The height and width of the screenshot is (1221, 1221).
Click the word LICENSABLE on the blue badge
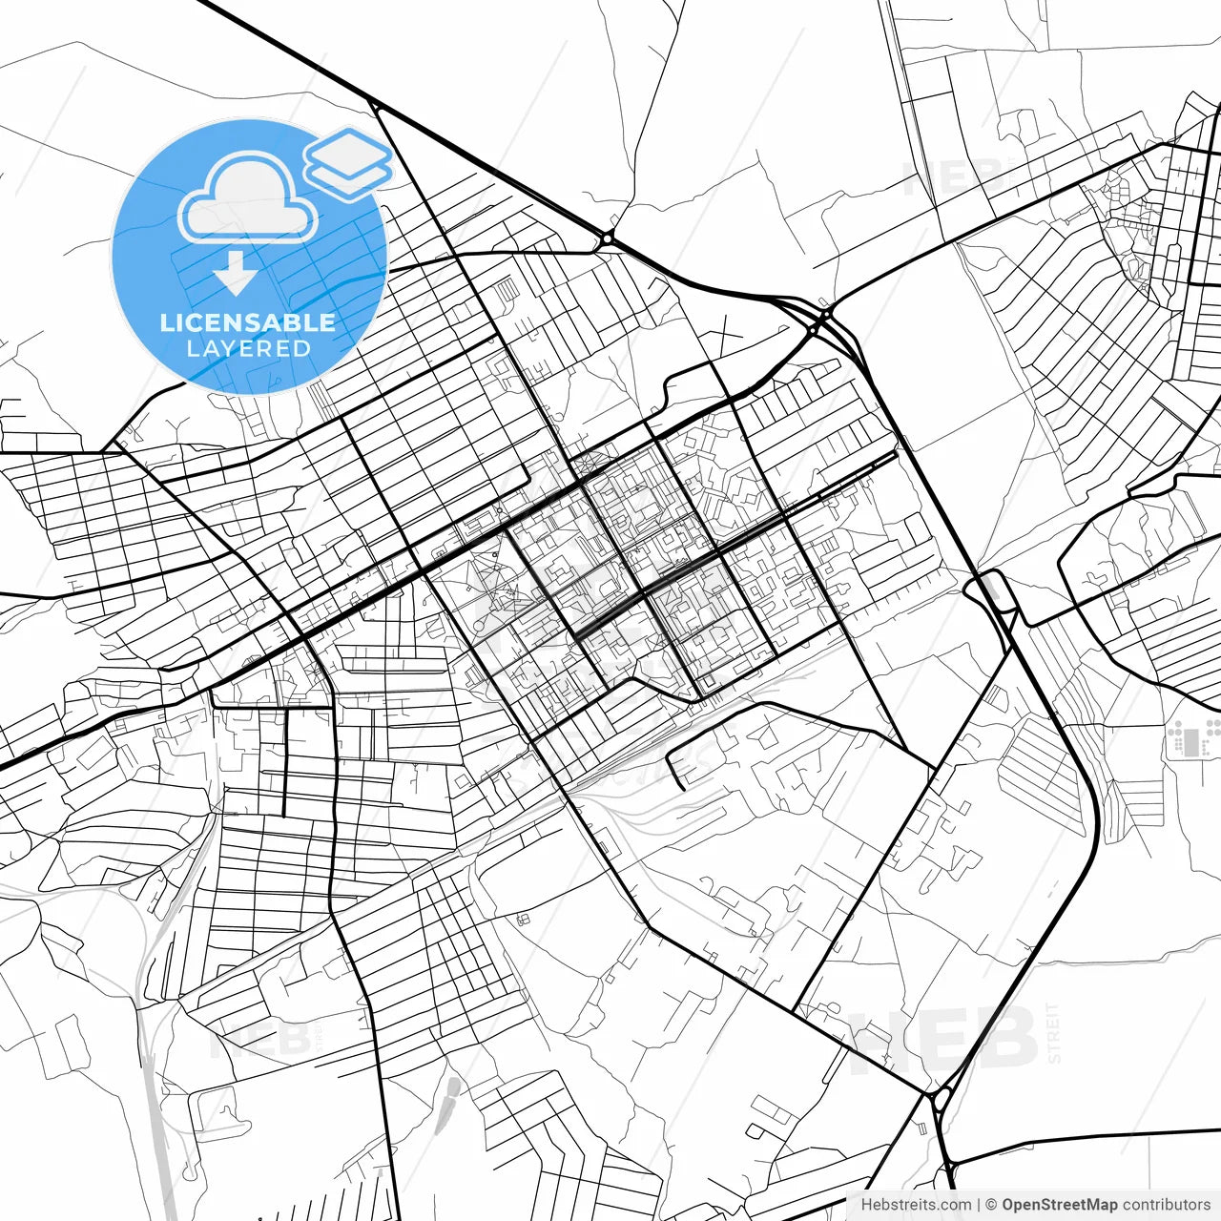click(x=248, y=322)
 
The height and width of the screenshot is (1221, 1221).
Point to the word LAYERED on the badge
click(x=248, y=349)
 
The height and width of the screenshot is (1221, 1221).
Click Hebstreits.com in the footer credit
click(x=916, y=1205)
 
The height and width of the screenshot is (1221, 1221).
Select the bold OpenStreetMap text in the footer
click(x=1060, y=1205)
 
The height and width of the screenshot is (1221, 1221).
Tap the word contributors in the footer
click(x=1166, y=1205)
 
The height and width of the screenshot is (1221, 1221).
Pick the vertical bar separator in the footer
click(x=979, y=1205)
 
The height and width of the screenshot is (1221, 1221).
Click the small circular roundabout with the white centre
click(x=607, y=238)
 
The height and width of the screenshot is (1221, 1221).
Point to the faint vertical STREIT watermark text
click(x=1053, y=1033)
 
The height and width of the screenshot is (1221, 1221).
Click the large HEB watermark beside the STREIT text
click(x=944, y=1040)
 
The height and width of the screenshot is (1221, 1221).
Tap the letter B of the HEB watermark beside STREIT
click(x=1006, y=1040)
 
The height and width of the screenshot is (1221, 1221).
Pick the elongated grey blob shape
click(x=449, y=1097)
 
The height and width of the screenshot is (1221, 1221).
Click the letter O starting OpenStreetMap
click(x=1009, y=1205)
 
